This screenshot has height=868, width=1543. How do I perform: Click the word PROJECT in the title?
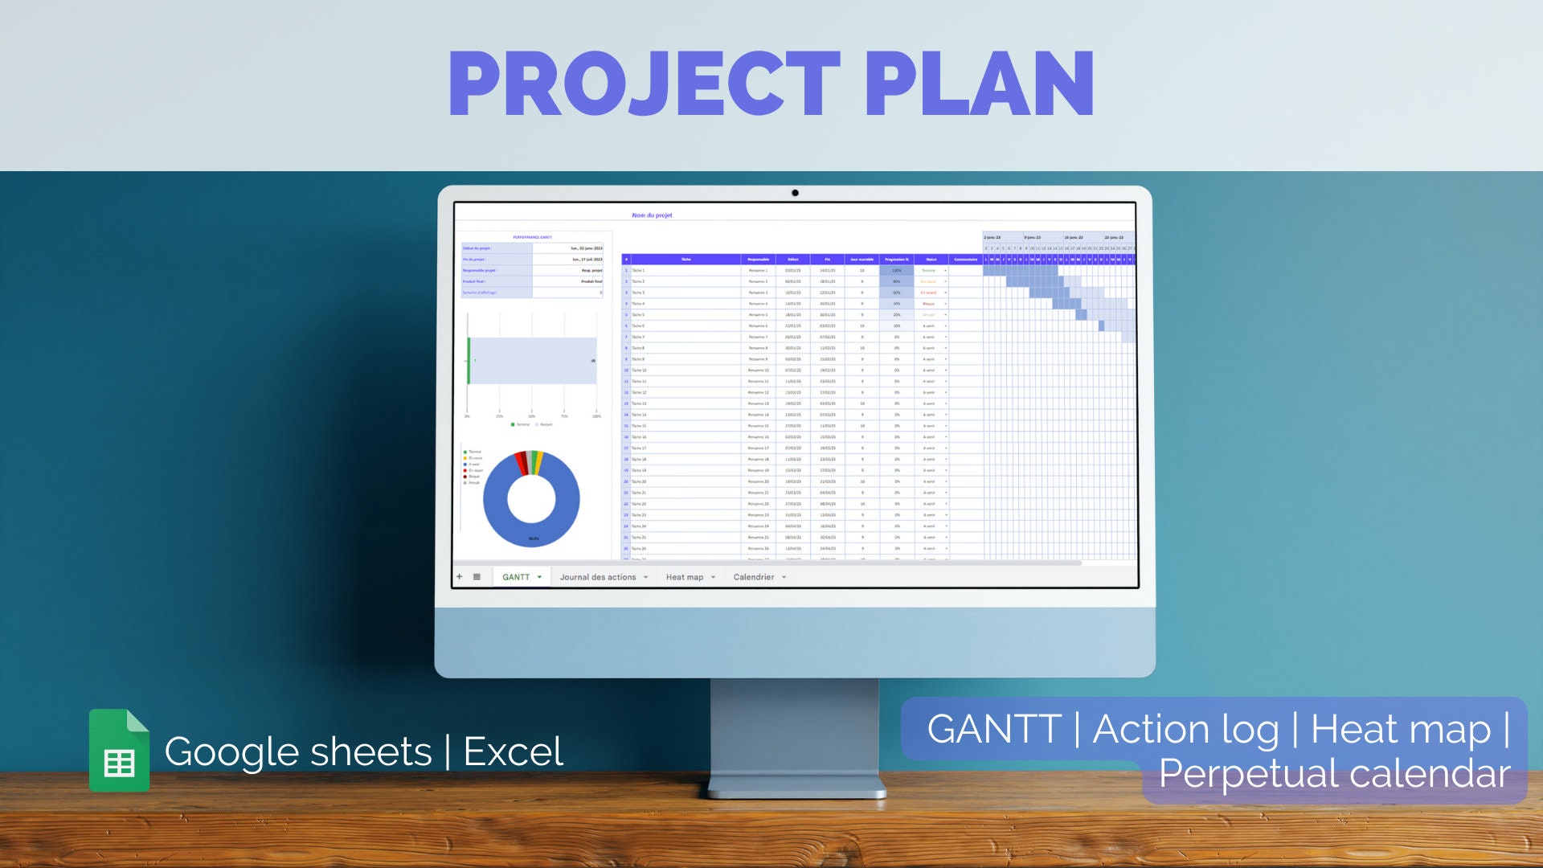pos(643,84)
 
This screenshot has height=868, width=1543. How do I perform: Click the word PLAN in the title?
pos(978,84)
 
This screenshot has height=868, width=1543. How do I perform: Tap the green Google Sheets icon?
pos(119,751)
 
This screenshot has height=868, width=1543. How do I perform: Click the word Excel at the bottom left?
pos(513,752)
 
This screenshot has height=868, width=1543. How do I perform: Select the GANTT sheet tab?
pos(516,577)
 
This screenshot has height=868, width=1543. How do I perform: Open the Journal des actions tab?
pos(598,577)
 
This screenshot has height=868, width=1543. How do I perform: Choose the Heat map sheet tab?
pos(685,577)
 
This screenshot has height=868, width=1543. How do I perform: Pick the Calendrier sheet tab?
pos(754,577)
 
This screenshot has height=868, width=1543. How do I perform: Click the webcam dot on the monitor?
pos(795,193)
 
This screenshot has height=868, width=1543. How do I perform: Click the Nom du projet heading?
pos(652,215)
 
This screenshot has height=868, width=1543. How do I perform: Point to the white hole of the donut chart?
pos(531,499)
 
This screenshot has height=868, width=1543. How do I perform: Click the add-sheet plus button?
pos(460,577)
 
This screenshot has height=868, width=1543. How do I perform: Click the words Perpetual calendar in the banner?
pos(1334,774)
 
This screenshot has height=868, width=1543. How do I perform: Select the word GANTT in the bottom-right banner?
pos(994,730)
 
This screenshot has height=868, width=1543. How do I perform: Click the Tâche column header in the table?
pos(686,260)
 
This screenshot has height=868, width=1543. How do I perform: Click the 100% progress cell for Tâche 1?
pos(897,271)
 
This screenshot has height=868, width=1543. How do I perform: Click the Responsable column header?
pos(758,260)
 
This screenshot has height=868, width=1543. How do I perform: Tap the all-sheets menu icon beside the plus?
pos(477,577)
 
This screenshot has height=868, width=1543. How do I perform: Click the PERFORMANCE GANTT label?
pos(532,237)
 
